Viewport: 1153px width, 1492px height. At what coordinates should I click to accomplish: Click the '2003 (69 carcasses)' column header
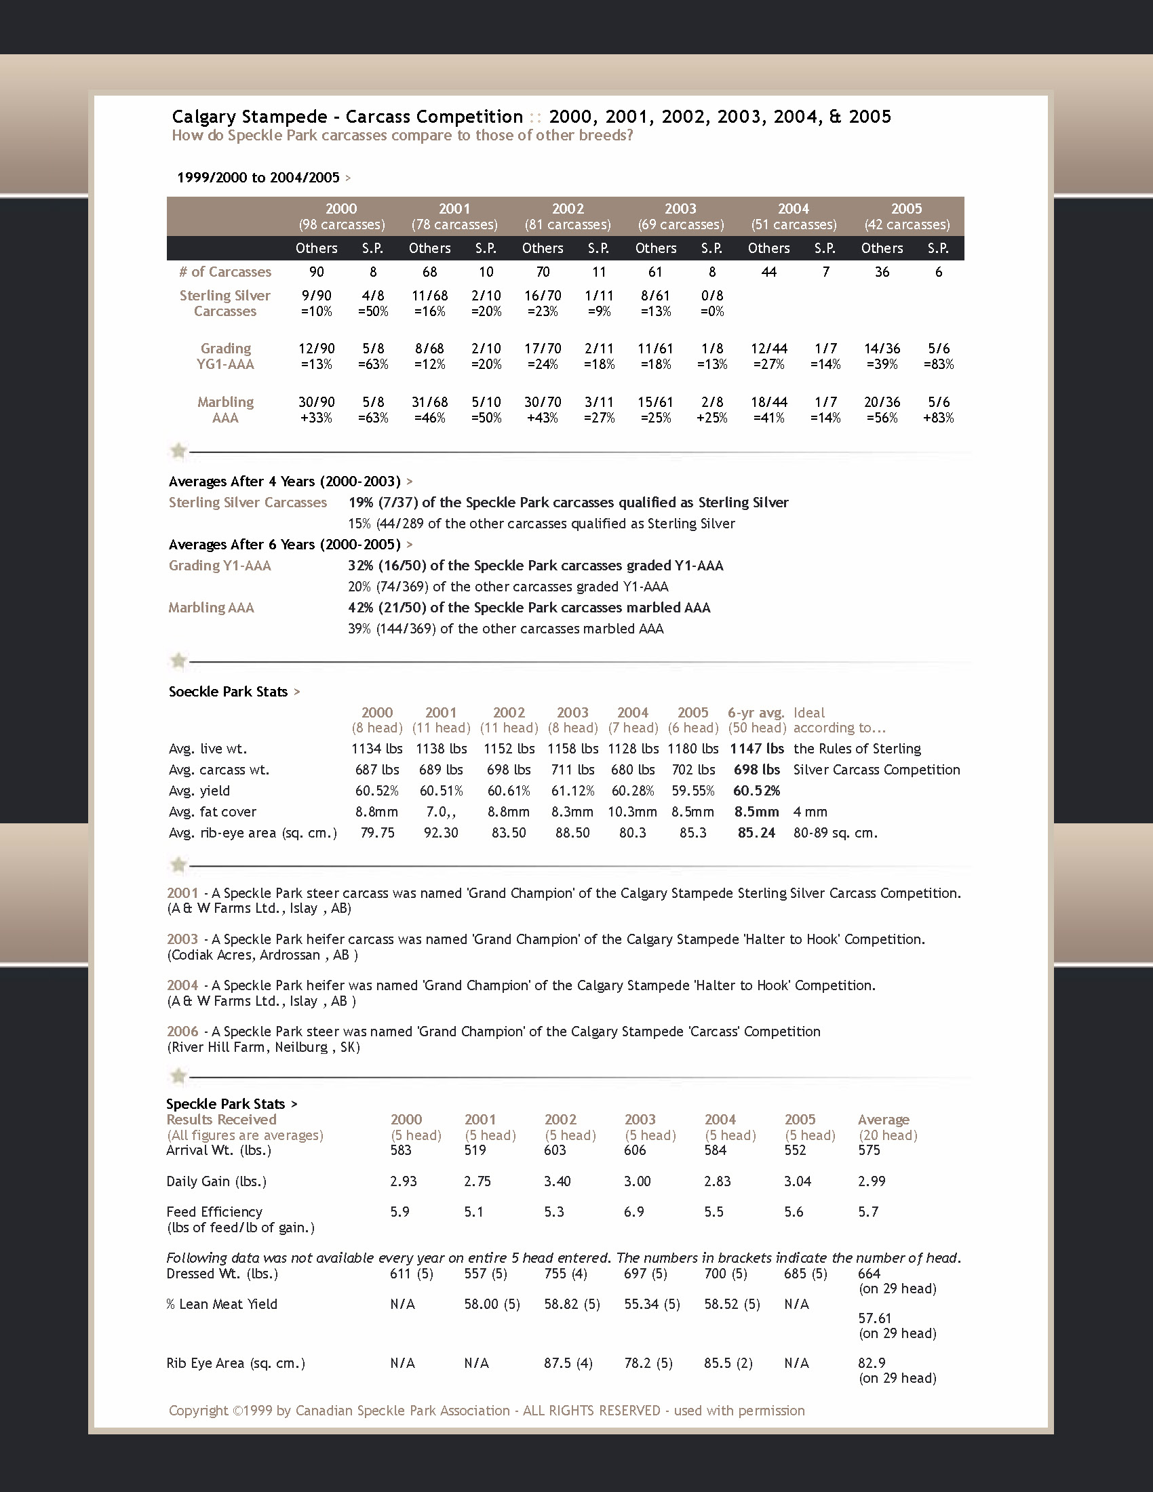(x=680, y=216)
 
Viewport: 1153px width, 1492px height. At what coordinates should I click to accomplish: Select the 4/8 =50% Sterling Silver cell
(x=373, y=303)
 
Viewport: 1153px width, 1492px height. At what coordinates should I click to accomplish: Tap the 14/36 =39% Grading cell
(x=882, y=356)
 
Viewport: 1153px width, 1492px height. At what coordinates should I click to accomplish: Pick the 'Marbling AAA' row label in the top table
(x=225, y=409)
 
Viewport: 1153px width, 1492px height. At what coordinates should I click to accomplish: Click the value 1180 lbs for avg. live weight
(x=692, y=749)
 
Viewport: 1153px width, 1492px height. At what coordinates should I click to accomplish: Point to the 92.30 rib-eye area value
(x=441, y=833)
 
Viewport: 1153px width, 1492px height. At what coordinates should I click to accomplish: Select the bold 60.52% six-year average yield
(x=756, y=790)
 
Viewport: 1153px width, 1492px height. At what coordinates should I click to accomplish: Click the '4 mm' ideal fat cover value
(x=810, y=812)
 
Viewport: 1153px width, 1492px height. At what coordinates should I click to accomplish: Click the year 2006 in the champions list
(x=182, y=1031)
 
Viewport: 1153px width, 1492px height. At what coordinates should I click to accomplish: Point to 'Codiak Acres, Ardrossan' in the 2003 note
(x=245, y=955)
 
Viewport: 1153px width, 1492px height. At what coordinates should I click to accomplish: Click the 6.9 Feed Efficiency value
(x=634, y=1212)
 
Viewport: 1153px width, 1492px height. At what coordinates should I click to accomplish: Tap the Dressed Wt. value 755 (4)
(x=566, y=1274)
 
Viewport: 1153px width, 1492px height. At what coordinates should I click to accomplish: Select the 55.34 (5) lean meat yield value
(x=652, y=1304)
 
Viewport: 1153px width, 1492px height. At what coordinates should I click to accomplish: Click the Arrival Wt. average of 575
(x=869, y=1150)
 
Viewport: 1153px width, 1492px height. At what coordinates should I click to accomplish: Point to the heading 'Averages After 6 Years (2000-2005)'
(x=285, y=545)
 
